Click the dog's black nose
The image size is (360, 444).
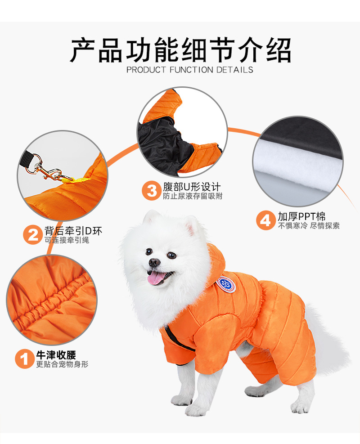154,262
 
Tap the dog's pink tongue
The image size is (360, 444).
155,278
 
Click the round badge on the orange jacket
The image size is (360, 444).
226,284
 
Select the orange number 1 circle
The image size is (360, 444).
25,359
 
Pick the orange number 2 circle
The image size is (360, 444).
33,235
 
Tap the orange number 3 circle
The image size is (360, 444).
152,191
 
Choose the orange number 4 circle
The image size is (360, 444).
265,220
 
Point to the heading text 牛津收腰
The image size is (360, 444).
56,355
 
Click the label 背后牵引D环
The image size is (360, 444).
73,231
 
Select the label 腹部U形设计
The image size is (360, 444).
191,187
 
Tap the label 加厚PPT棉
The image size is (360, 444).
301,217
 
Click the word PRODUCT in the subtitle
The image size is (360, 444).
146,70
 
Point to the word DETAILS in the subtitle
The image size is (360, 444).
235,70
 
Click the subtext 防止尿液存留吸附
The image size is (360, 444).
193,196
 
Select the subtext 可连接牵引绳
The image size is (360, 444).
67,240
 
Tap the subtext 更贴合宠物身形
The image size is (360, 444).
62,364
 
